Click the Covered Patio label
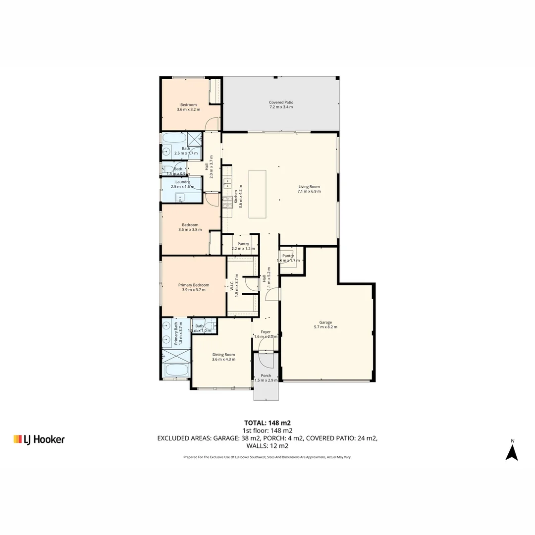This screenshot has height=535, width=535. tap(281, 102)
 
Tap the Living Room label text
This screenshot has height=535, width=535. tap(309, 187)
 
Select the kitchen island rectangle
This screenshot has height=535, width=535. tap(257, 194)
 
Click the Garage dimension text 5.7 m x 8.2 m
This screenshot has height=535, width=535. tap(325, 327)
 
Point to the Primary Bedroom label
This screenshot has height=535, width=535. tap(193, 285)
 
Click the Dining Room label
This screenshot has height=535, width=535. tap(223, 354)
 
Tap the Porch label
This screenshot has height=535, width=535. tap(266, 375)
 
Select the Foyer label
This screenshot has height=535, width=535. tap(266, 332)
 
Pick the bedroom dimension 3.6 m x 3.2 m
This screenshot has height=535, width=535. tap(188, 109)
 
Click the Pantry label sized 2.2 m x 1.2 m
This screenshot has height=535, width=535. tap(243, 244)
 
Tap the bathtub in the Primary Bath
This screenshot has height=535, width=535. tap(176, 370)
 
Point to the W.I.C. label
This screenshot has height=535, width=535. tap(231, 285)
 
